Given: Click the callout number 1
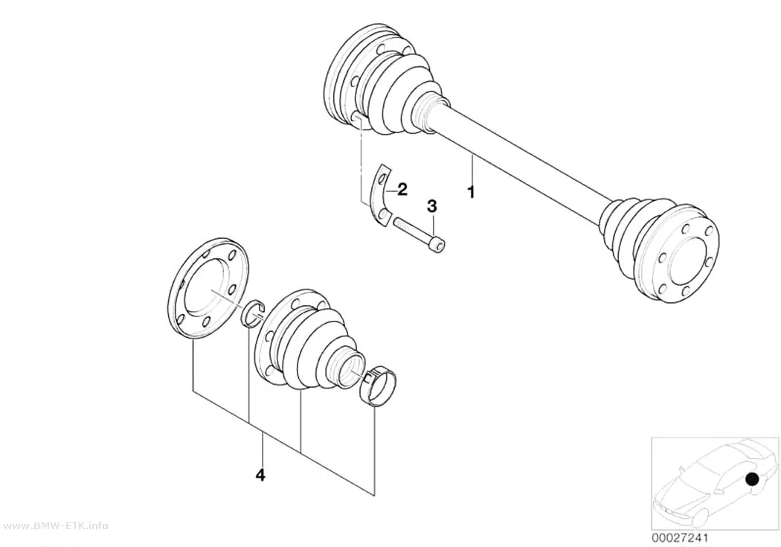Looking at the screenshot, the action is pyautogui.click(x=471, y=191).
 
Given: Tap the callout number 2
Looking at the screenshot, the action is pyautogui.click(x=402, y=189).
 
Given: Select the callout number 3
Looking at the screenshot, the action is pyautogui.click(x=432, y=205).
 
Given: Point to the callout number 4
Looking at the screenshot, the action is pyautogui.click(x=260, y=476).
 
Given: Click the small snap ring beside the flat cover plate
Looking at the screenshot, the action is pyautogui.click(x=254, y=314).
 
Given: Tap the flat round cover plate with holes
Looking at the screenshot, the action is pyautogui.click(x=208, y=289).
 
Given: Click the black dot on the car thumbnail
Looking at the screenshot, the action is pyautogui.click(x=751, y=479).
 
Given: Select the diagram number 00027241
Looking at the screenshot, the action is pyautogui.click(x=679, y=538).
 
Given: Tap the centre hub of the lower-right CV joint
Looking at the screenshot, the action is pyautogui.click(x=688, y=261).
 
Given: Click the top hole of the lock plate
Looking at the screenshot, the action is pyautogui.click(x=383, y=178).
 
